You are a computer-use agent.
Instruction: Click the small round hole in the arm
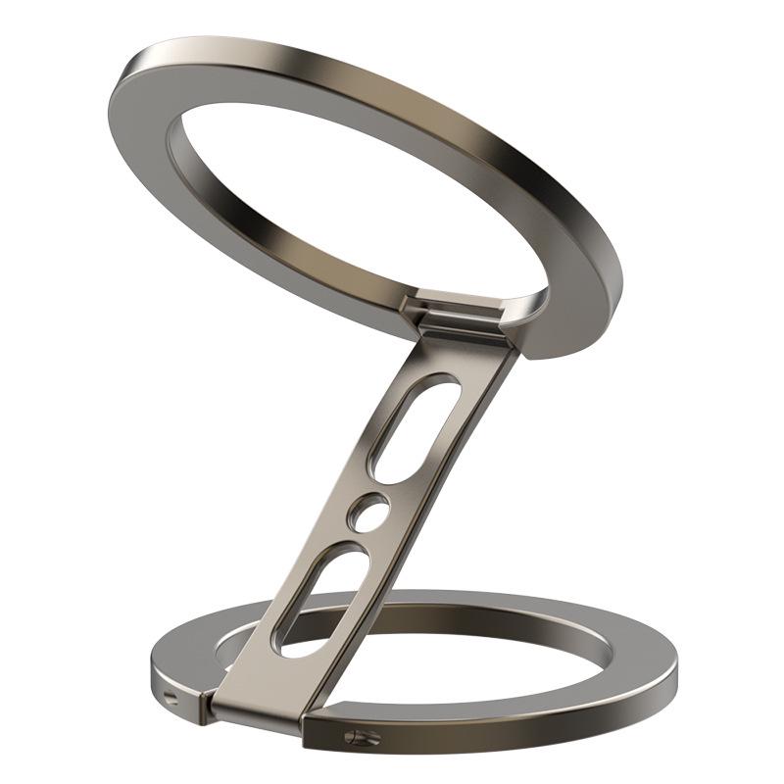(x=369, y=512)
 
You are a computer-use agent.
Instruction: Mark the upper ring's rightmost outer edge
(x=621, y=284)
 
